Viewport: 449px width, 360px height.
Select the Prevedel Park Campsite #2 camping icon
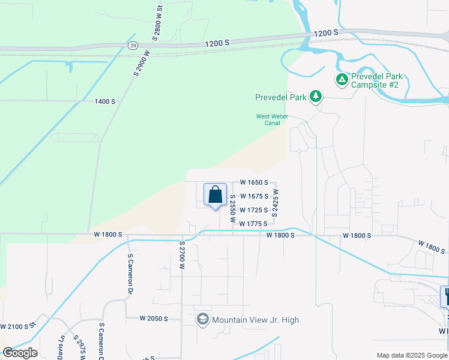click(x=342, y=79)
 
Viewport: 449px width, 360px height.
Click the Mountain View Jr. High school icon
click(x=203, y=320)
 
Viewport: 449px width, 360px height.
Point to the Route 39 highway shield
click(x=132, y=46)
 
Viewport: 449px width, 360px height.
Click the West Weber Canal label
click(x=273, y=120)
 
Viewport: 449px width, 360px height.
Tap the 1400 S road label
click(x=104, y=101)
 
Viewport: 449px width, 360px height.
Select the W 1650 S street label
click(x=258, y=182)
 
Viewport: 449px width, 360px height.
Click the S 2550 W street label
click(x=232, y=209)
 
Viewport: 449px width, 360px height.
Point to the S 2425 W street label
click(x=276, y=203)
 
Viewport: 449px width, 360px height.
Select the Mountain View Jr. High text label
click(x=255, y=320)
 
